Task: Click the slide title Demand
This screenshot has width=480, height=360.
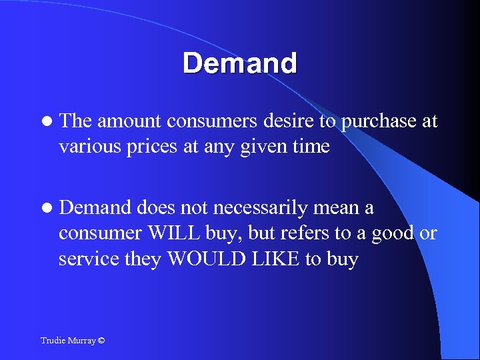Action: click(240, 64)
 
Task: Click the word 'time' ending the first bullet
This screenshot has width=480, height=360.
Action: click(311, 146)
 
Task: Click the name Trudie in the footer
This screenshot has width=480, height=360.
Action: click(53, 341)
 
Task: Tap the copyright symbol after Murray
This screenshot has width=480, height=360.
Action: click(101, 341)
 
